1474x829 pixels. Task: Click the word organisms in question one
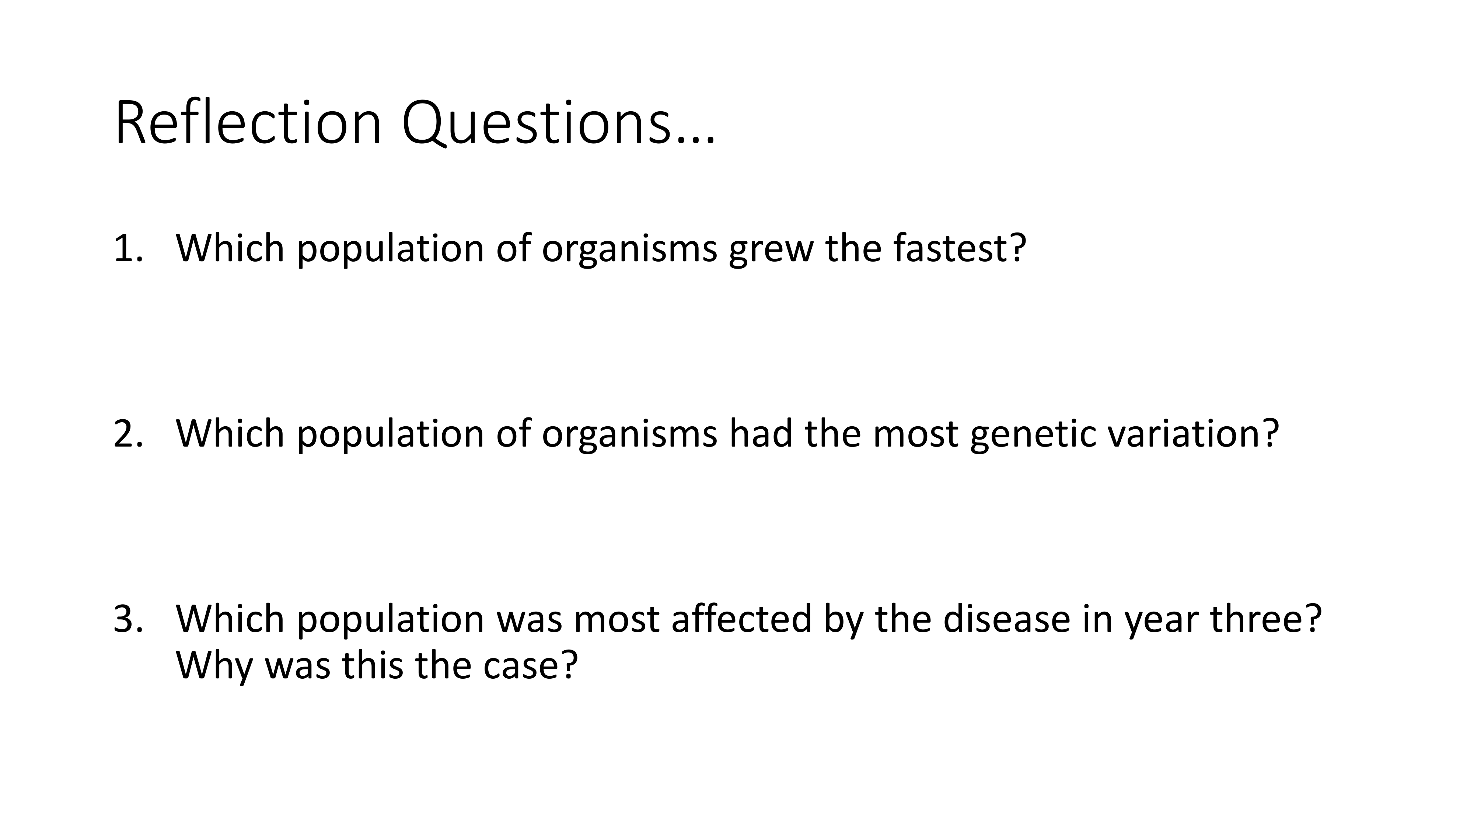point(629,252)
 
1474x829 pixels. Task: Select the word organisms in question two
point(629,437)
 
